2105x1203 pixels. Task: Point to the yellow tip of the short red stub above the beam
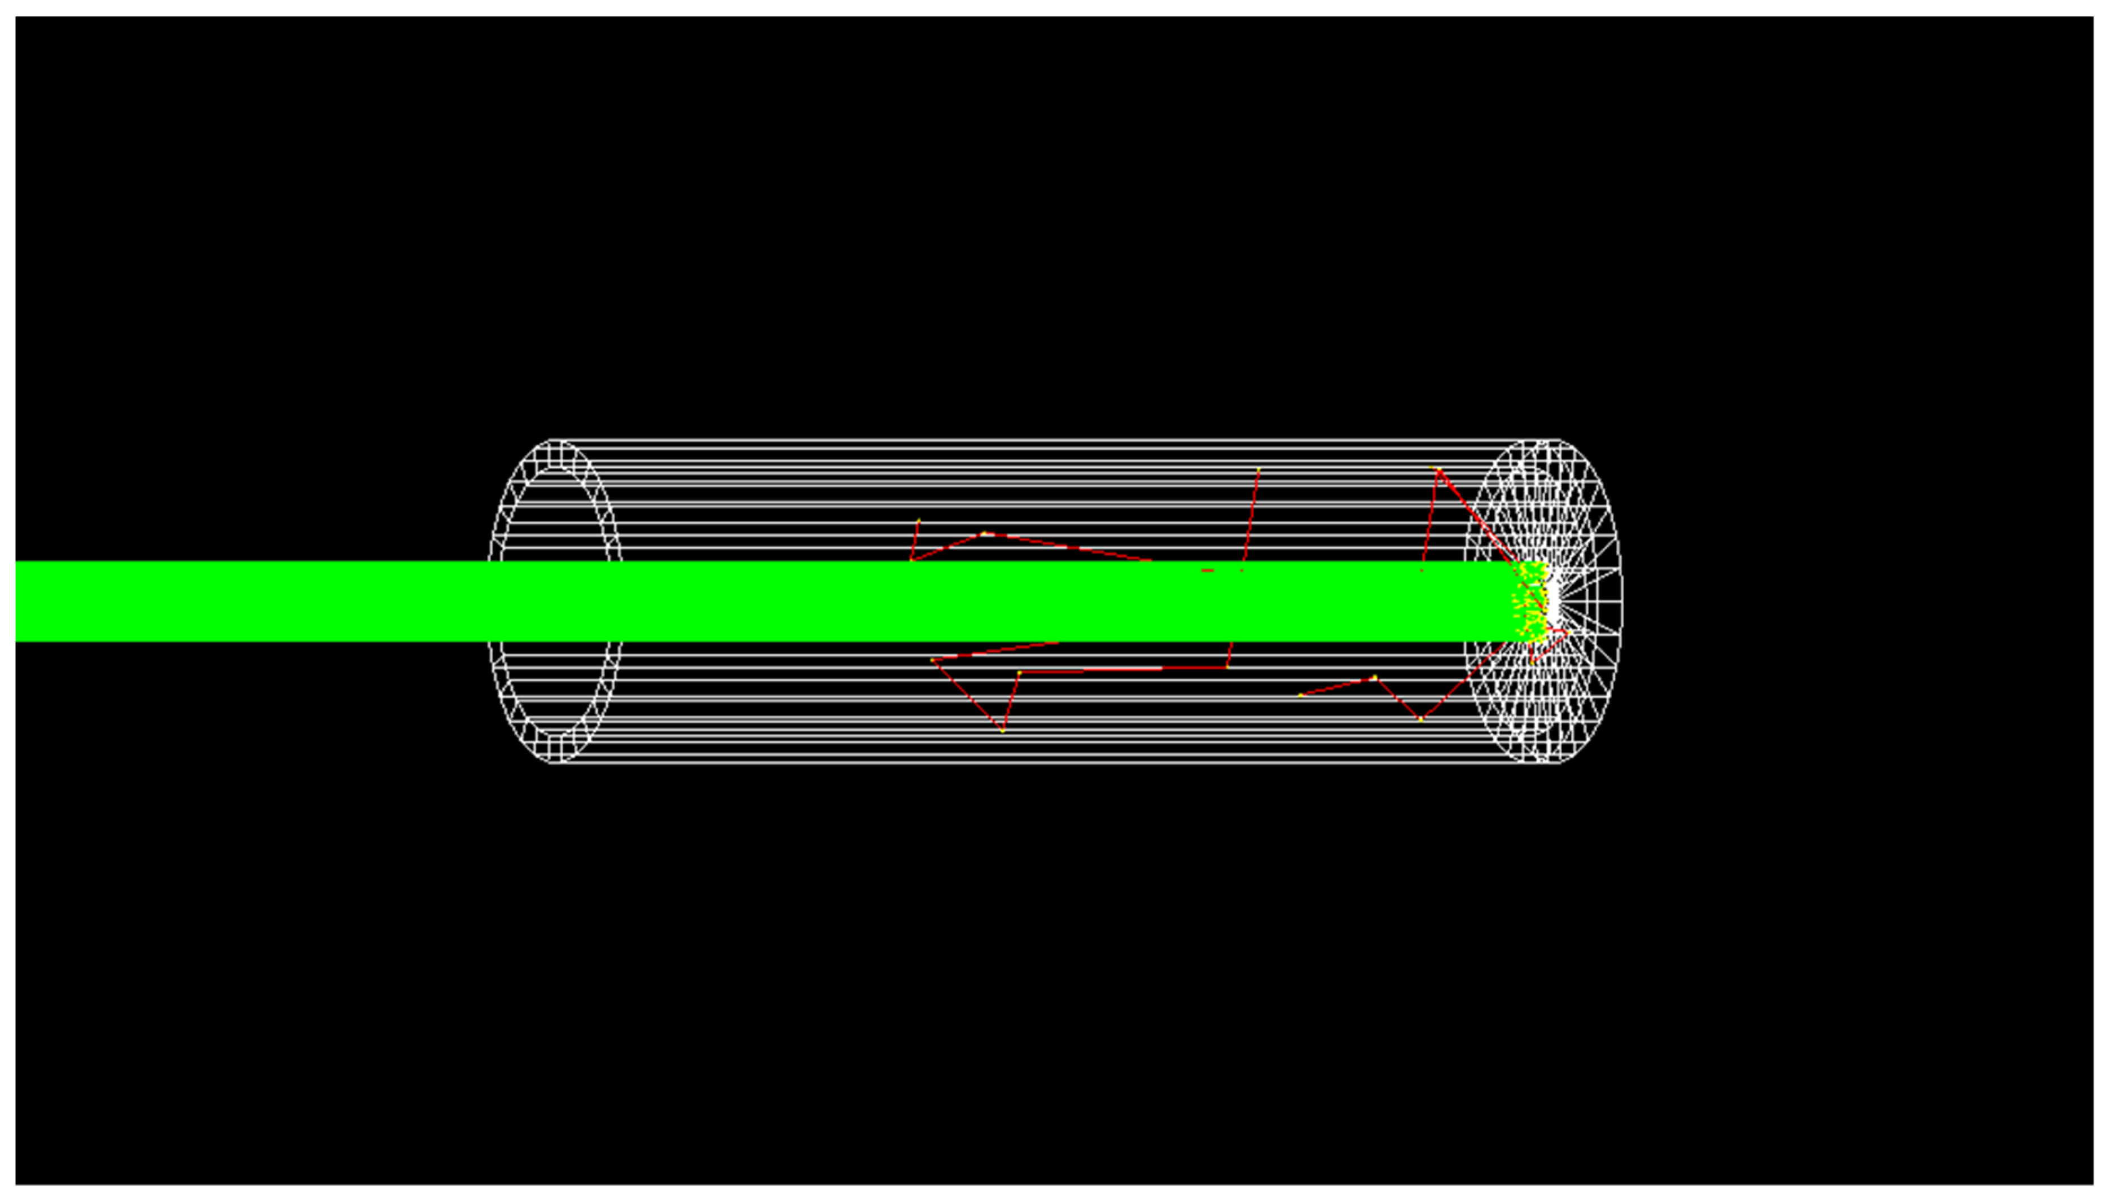919,520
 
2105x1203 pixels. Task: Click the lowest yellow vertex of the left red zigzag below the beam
1002,730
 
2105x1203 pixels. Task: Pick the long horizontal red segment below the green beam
1124,669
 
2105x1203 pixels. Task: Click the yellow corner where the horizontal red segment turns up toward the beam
1227,666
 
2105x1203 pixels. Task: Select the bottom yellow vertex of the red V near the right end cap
1421,719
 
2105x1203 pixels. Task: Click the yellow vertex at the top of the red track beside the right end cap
1439,470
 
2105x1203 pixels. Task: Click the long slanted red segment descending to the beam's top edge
1065,547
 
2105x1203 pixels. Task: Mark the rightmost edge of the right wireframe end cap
1622,601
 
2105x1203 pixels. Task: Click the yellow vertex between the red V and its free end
1375,678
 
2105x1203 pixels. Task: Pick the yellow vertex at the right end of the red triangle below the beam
1019,673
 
